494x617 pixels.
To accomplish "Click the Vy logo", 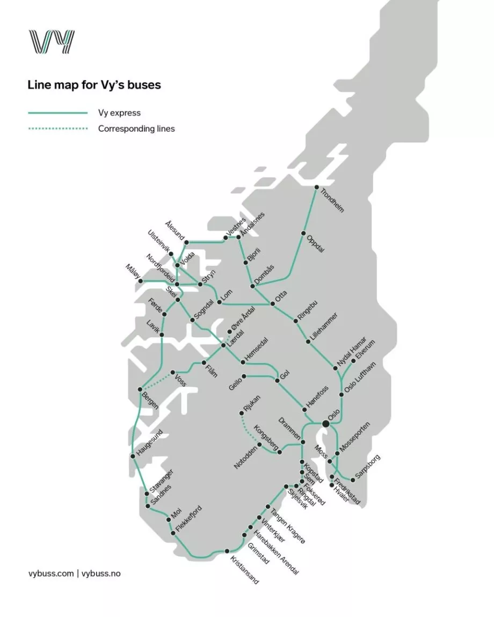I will (x=51, y=42).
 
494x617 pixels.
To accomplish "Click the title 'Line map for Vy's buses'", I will (x=94, y=85).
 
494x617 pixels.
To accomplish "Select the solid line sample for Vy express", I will (x=57, y=113).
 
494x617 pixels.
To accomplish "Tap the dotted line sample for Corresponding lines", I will (x=57, y=129).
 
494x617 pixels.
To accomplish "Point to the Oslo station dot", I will (x=326, y=424).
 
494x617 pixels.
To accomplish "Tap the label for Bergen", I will (x=150, y=400).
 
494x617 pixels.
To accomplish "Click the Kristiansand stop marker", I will (x=227, y=551).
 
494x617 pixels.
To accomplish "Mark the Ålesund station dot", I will (x=187, y=242).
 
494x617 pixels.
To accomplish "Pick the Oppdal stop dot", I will (x=303, y=233).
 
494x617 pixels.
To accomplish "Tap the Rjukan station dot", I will (x=242, y=413).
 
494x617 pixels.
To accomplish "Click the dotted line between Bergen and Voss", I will (x=157, y=381).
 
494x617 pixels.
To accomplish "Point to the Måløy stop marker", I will (x=141, y=280).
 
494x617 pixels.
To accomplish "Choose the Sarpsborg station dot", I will (x=353, y=480).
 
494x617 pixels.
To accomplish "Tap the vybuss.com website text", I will (x=50, y=574).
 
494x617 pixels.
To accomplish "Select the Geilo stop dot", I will (x=244, y=376).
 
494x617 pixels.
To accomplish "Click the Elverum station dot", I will (x=353, y=361).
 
